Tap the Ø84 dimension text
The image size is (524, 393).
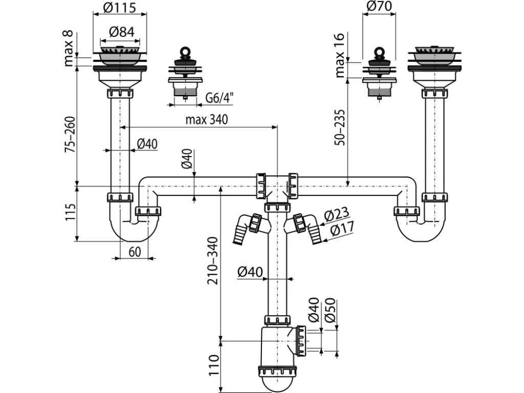click(x=121, y=31)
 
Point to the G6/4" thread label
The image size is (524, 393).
click(x=219, y=98)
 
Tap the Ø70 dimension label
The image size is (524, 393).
click(x=379, y=7)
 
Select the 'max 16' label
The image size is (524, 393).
click(x=340, y=54)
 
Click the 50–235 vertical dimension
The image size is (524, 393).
click(x=340, y=126)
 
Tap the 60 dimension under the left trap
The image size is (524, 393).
click(x=135, y=251)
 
